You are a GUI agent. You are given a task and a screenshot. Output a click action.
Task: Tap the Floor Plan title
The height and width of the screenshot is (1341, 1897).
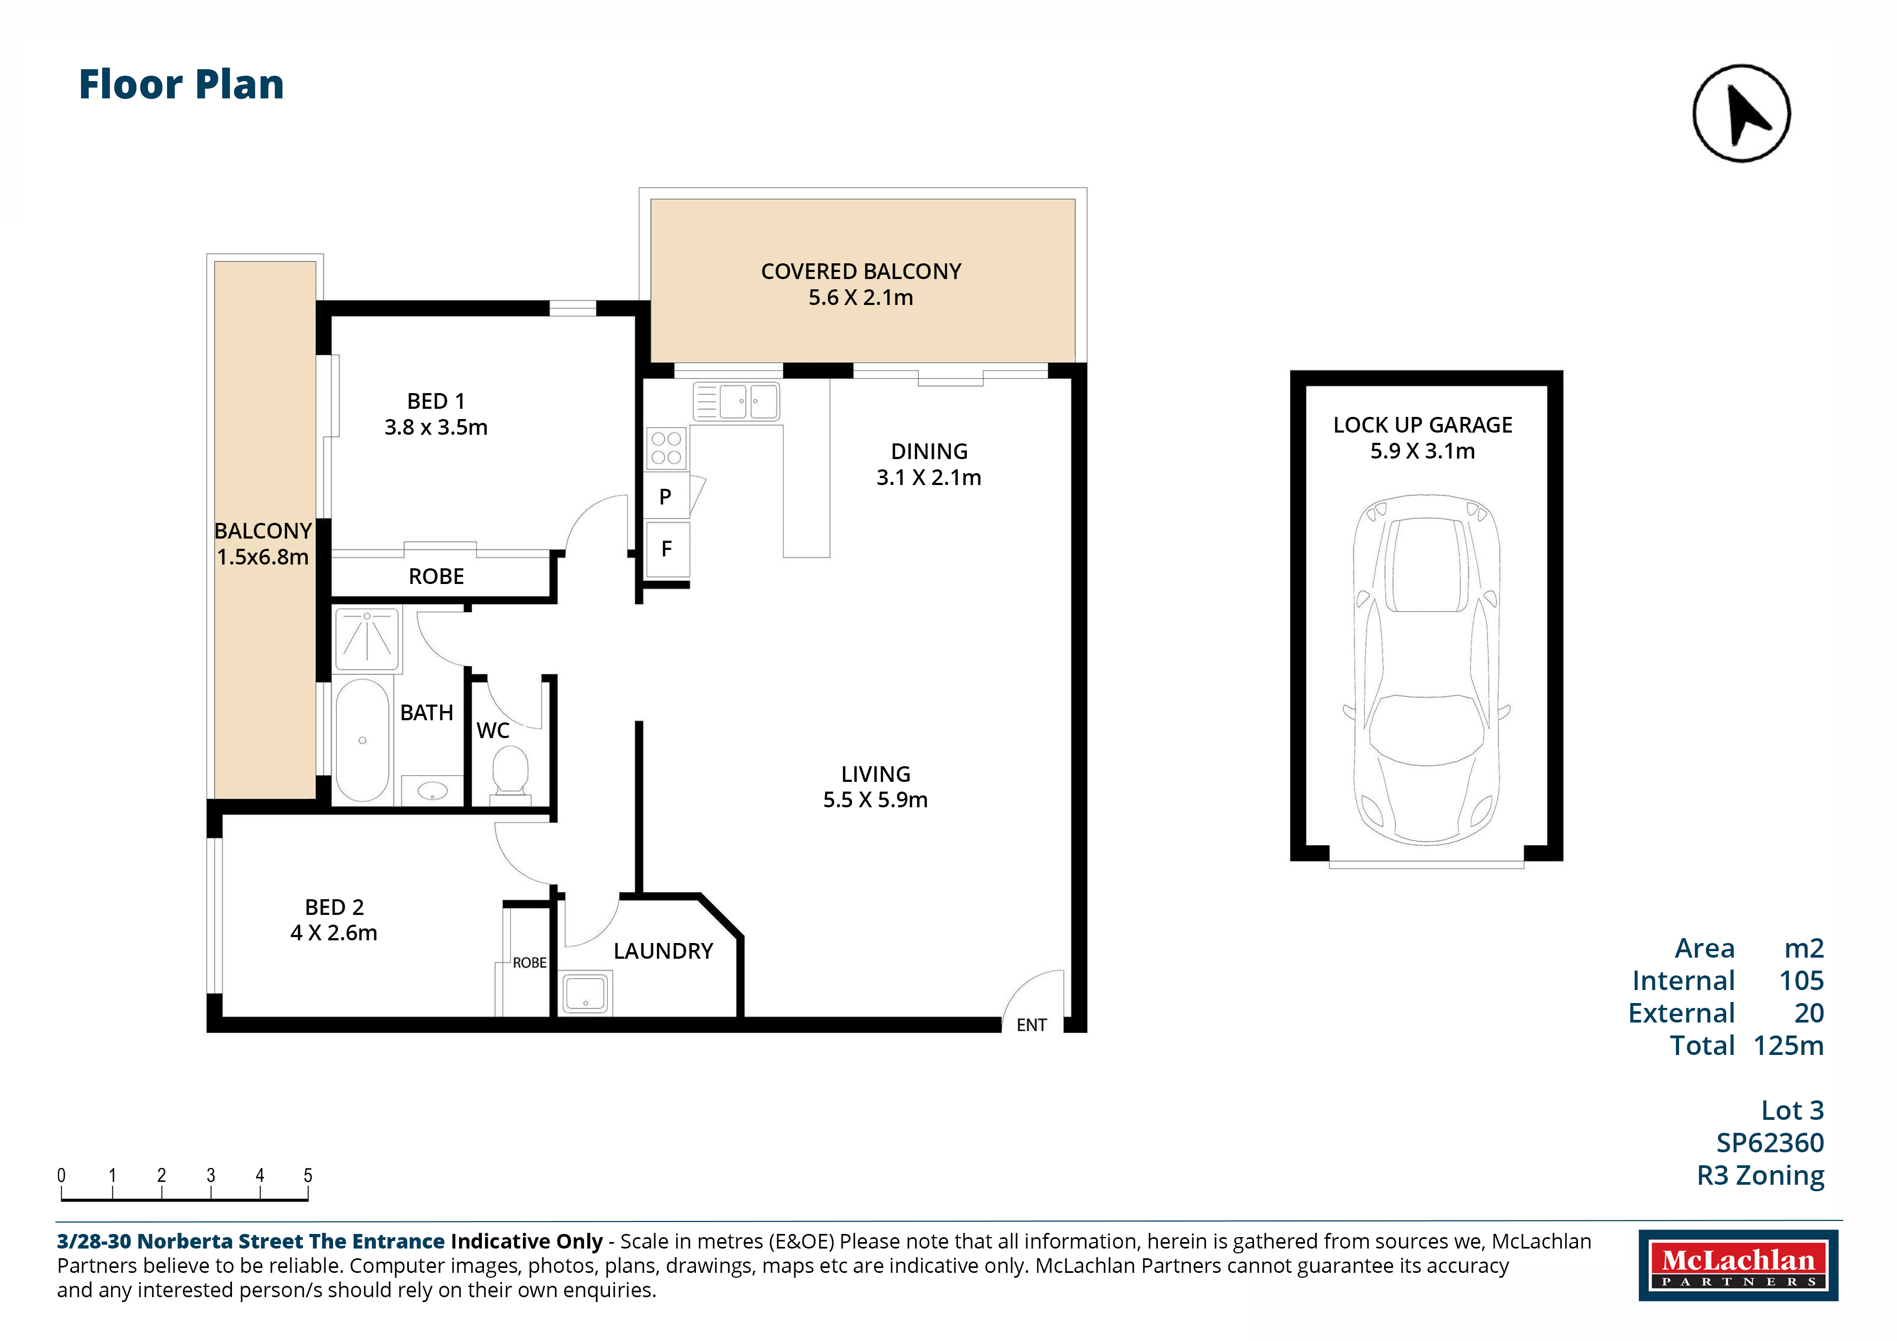[x=181, y=84]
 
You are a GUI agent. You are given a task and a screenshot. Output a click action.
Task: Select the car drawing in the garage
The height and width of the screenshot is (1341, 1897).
[x=1426, y=669]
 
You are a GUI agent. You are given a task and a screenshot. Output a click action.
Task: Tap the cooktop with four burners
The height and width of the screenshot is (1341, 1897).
[x=666, y=448]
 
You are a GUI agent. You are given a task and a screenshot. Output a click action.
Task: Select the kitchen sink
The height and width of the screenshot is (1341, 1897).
[x=735, y=402]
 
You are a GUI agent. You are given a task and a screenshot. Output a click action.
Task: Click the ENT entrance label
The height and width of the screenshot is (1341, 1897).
[x=1031, y=1025]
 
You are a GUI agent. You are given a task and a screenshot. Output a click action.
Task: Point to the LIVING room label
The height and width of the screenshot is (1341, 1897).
[x=876, y=774]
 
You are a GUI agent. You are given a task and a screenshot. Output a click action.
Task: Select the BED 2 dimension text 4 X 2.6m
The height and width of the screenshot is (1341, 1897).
[x=334, y=933]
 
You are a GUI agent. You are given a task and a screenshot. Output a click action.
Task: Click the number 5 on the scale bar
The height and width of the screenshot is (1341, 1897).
[x=308, y=1175]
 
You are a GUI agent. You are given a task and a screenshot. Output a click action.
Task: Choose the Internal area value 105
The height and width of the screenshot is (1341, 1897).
[x=1801, y=981]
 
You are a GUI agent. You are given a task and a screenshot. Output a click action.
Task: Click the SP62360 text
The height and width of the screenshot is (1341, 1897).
[x=1770, y=1143]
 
